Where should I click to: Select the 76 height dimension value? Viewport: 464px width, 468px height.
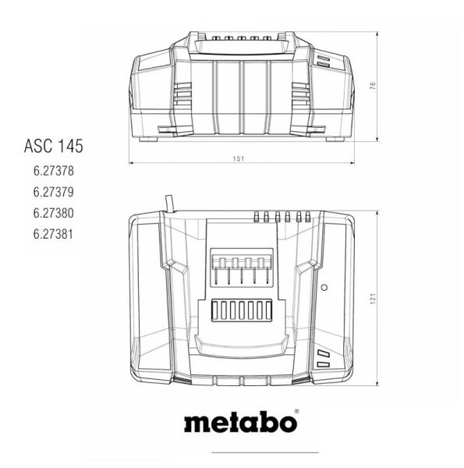pyautogui.click(x=373, y=85)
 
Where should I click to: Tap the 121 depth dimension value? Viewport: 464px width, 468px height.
pyautogui.click(x=373, y=297)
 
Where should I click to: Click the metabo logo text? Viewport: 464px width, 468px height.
pyautogui.click(x=239, y=422)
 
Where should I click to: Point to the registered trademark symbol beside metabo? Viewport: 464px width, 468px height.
pyautogui.click(x=296, y=410)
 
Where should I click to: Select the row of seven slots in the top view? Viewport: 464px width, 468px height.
pyautogui.click(x=242, y=310)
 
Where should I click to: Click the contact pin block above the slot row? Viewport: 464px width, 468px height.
pyautogui.click(x=242, y=268)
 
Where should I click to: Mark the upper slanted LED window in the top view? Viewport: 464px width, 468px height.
pyautogui.click(x=323, y=353)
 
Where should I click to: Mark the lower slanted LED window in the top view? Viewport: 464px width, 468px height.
pyautogui.click(x=323, y=366)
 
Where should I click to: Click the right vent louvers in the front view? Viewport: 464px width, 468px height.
pyautogui.click(x=301, y=95)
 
